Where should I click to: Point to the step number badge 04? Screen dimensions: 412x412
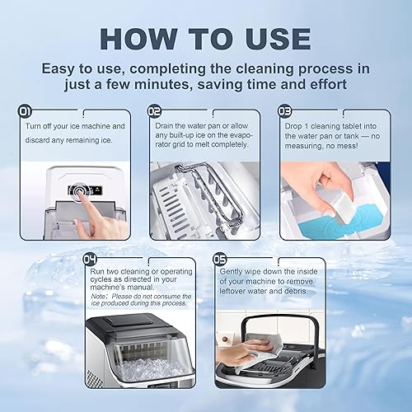tap(91, 260)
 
